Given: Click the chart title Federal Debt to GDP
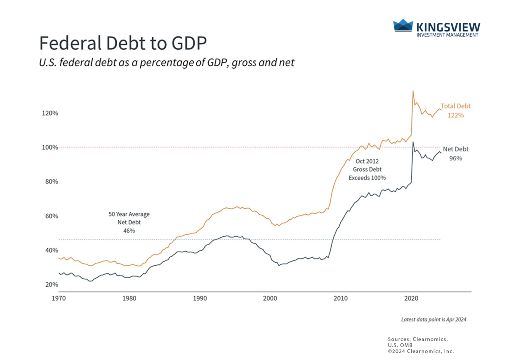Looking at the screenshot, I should pyautogui.click(x=123, y=43).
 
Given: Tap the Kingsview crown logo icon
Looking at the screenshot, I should pyautogui.click(x=403, y=26).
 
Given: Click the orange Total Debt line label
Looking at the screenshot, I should pyautogui.click(x=456, y=106).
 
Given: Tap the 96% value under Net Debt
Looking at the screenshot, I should pyautogui.click(x=456, y=158).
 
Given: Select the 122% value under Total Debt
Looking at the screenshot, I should pyautogui.click(x=456, y=115).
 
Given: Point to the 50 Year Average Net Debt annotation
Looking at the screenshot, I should pyautogui.click(x=129, y=222).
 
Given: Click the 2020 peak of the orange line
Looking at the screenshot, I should pyautogui.click(x=413, y=91).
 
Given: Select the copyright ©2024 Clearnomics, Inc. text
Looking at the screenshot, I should pyautogui.click(x=421, y=351).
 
